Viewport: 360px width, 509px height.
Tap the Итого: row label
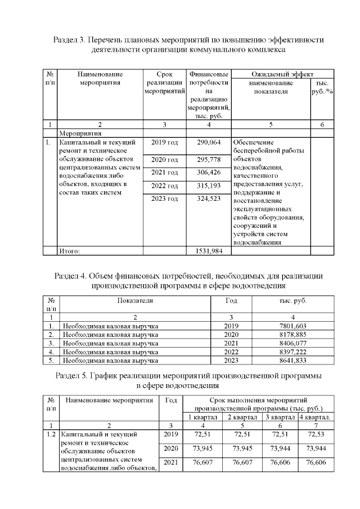coord(70,251)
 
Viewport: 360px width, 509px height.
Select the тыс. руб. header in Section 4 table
coord(292,301)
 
